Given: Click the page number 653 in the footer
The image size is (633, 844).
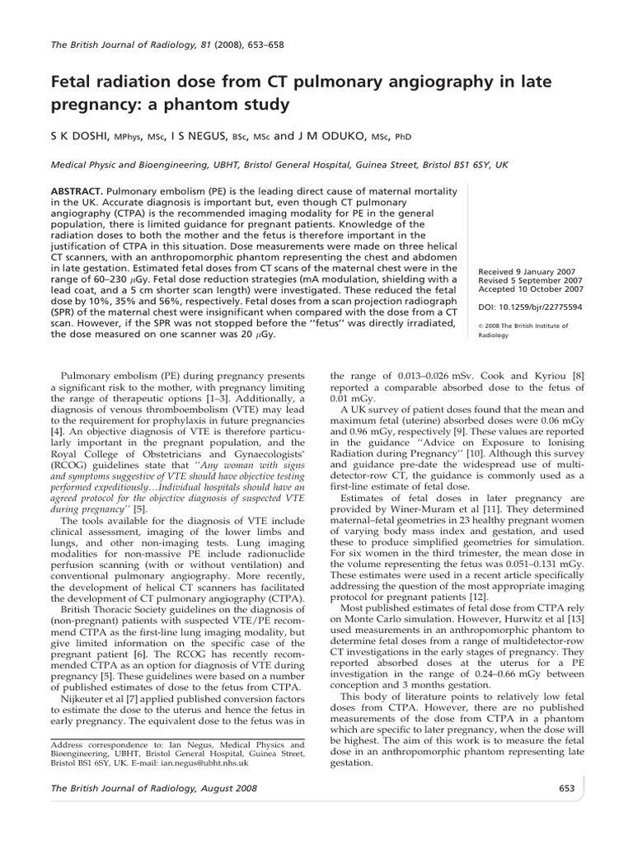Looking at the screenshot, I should pos(565,788).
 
